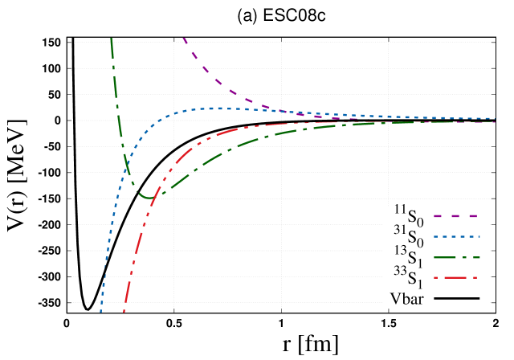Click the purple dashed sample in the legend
point(456,216)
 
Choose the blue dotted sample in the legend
point(456,237)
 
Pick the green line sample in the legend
point(456,258)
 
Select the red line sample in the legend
point(456,278)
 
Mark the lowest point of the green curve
point(147,196)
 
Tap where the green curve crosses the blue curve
point(127,166)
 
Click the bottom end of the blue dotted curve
point(100,311)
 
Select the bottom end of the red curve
point(124,311)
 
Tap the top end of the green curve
point(111,39)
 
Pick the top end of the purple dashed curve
point(184,38)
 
